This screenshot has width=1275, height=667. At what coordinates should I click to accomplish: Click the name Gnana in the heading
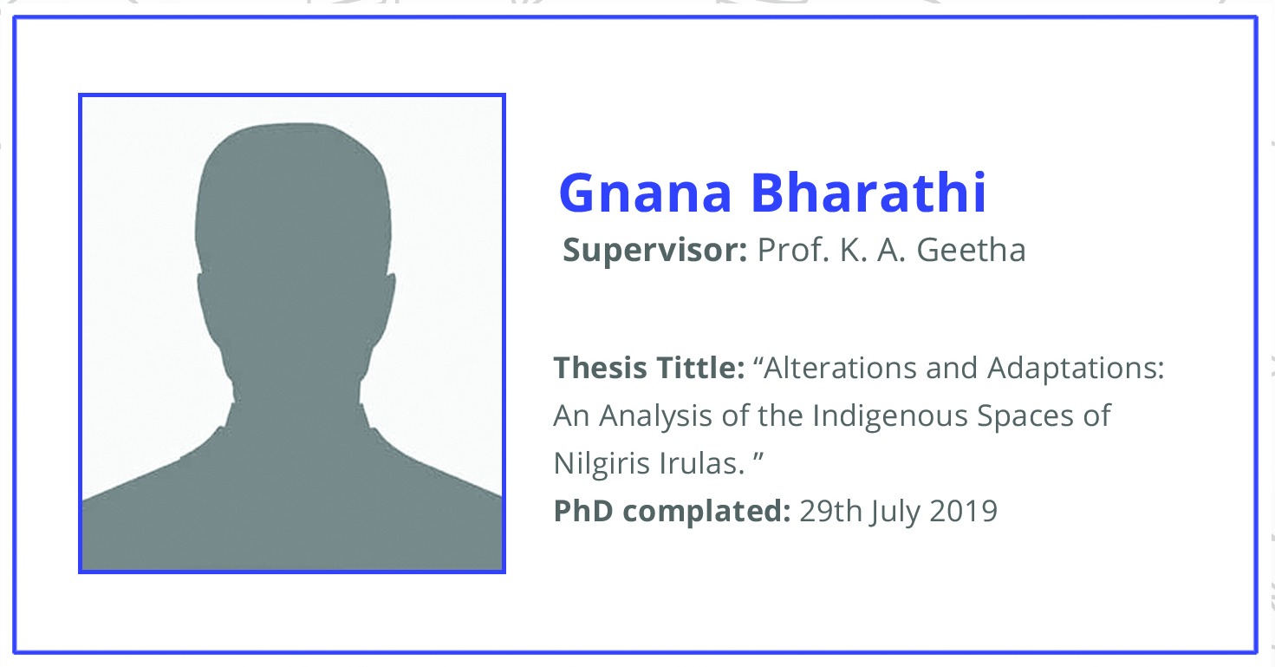pos(645,194)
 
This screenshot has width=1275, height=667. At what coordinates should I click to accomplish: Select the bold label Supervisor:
pos(655,251)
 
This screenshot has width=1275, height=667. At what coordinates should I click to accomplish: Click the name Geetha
pos(971,250)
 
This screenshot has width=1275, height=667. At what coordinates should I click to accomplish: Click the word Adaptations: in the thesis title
pos(1076,369)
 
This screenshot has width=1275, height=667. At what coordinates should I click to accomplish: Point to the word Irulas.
pos(702,463)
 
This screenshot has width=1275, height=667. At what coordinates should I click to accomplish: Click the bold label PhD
pos(583,510)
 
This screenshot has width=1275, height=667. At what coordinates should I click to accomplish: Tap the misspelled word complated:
pos(706,512)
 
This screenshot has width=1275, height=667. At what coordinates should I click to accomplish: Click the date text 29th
pos(831,510)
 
